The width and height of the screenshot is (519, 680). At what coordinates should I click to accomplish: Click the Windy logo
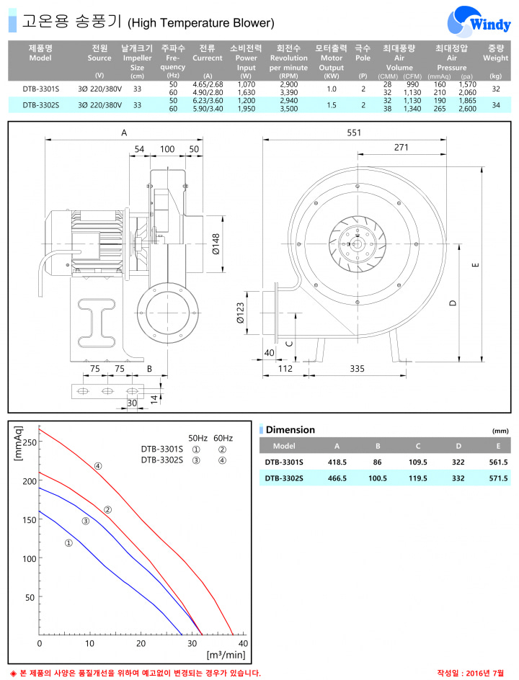coord(479,22)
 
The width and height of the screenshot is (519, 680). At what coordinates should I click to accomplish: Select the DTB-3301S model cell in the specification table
coord(41,89)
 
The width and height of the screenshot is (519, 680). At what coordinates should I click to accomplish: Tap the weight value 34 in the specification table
coord(495,105)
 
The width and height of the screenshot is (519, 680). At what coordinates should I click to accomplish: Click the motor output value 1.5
coord(332,105)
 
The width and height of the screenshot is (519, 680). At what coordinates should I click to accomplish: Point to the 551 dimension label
coord(354,133)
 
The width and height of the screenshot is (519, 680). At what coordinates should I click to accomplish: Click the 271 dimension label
coord(402,148)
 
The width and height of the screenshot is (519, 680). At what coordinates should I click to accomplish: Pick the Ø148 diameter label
coord(216,244)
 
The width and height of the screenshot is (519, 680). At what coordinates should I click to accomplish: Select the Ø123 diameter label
coord(240,313)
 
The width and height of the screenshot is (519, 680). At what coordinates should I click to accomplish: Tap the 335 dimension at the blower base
coord(357,369)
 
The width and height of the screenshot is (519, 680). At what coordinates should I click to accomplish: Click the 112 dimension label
coord(285,369)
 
